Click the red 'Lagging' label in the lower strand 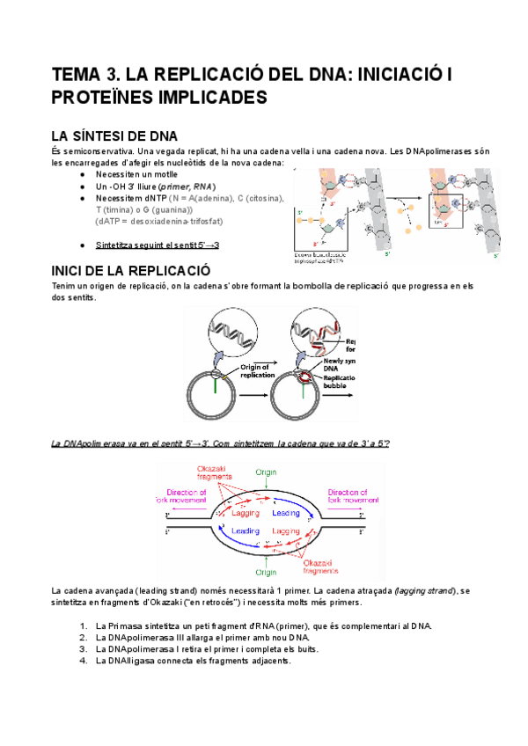[290, 531]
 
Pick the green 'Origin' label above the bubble [267, 472]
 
